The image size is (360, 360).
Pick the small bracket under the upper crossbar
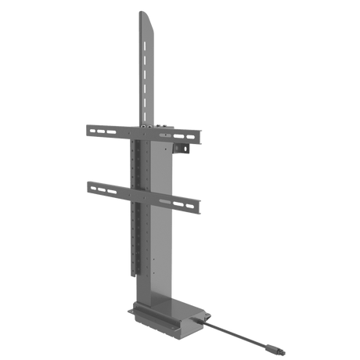tap(185, 148)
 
